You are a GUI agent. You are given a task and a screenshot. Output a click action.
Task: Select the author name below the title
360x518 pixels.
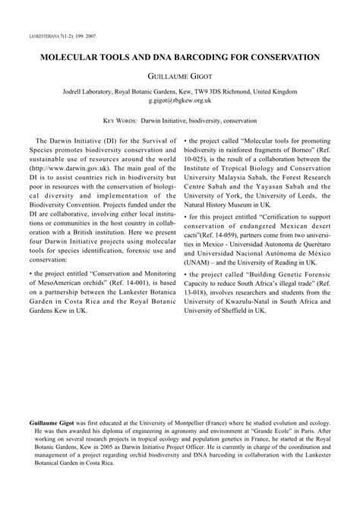pyautogui.click(x=179, y=76)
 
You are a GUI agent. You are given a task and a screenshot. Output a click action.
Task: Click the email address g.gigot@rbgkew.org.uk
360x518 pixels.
pyautogui.click(x=179, y=100)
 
